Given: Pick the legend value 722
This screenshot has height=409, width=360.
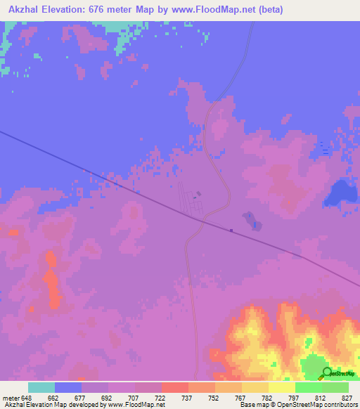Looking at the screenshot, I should point(161,398).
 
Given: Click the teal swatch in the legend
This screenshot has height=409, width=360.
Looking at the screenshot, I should point(41,387).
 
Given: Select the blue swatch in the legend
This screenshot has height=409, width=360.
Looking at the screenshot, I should point(68,387).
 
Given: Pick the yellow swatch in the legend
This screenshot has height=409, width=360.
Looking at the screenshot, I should point(282,387).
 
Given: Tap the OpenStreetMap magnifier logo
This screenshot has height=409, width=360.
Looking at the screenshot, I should point(326,374).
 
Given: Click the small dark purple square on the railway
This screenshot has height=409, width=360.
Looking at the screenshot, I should point(231,229).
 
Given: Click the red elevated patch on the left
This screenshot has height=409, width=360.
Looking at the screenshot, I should point(52,281).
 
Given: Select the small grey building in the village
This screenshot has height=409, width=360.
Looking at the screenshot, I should point(198,194).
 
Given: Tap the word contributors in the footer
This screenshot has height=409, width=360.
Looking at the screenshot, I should point(341,405).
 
